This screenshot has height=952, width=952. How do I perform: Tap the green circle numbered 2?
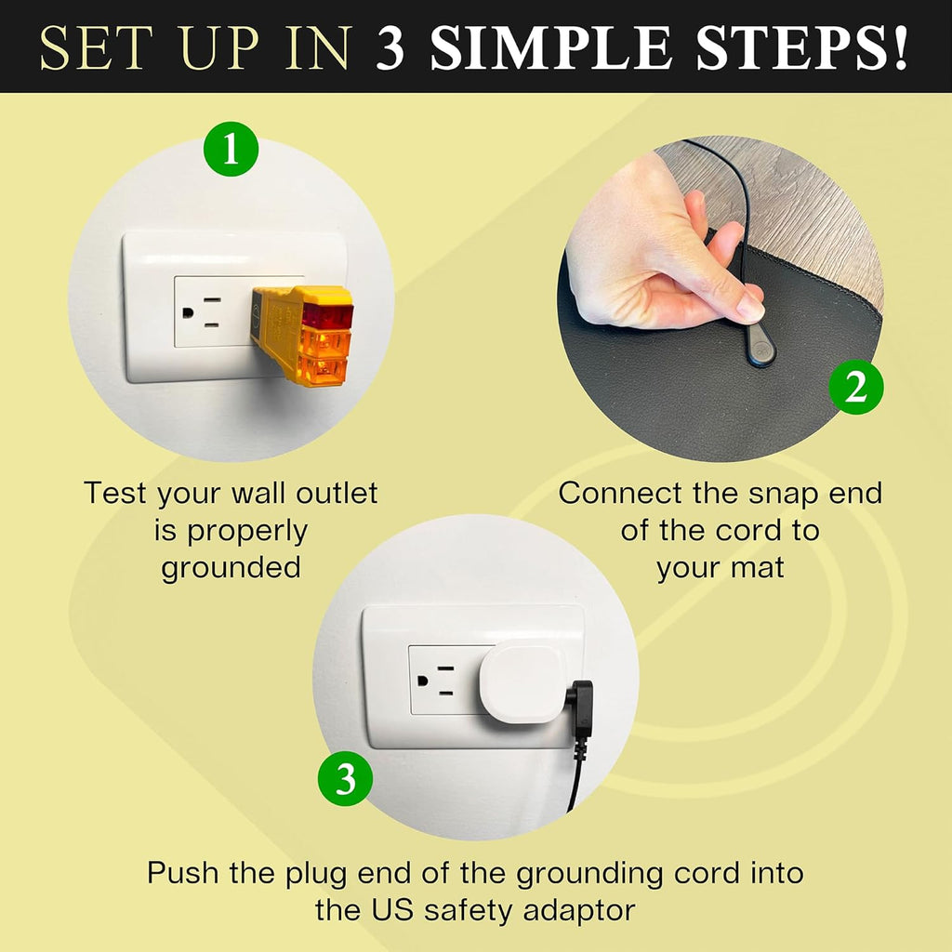tap(855, 389)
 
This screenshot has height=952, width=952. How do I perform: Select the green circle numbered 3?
tap(345, 779)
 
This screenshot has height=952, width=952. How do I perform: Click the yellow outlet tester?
tap(303, 335)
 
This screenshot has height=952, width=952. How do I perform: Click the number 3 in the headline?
tap(391, 47)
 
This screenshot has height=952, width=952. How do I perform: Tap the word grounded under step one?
tap(231, 568)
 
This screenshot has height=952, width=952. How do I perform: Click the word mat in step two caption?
tap(760, 567)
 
